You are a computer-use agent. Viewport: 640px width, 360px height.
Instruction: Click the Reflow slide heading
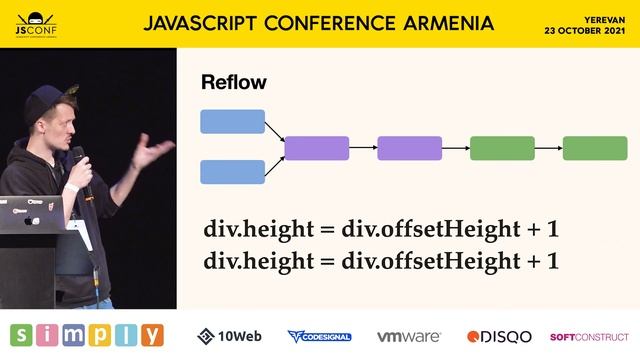click(234, 82)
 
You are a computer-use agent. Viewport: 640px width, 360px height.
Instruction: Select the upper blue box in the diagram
click(233, 122)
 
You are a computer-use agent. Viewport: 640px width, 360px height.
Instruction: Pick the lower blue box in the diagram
click(233, 172)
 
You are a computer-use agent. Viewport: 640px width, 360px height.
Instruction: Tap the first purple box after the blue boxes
click(317, 148)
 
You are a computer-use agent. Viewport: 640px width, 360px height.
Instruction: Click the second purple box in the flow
click(409, 148)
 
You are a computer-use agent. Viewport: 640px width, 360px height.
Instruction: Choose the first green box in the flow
click(502, 148)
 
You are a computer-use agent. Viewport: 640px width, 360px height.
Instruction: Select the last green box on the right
click(595, 148)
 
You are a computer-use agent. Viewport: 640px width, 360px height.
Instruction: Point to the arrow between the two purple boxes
click(363, 148)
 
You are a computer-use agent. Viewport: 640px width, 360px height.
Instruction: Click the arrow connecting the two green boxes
click(548, 148)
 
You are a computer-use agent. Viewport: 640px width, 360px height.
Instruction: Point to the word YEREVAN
click(604, 18)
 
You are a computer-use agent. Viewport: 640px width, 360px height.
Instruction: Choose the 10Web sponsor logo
click(229, 336)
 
